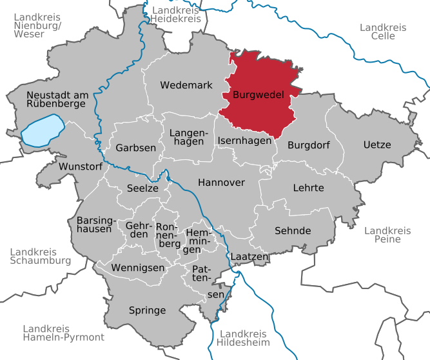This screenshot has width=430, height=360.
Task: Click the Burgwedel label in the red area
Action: click(x=257, y=94)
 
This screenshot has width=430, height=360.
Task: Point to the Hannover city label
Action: click(x=221, y=183)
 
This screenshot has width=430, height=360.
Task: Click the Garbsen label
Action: click(x=136, y=148)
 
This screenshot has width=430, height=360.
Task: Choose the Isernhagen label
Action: click(x=244, y=141)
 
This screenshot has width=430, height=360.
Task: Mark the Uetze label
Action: click(x=376, y=145)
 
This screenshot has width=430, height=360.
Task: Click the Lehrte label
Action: click(x=308, y=188)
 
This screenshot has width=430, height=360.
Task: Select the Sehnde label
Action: click(x=293, y=230)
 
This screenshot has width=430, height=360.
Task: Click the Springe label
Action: click(x=147, y=310)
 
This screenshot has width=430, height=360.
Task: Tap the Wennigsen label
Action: click(x=133, y=267)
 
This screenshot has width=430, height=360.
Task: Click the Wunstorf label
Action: click(x=81, y=166)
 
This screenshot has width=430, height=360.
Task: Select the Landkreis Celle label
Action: click(x=383, y=32)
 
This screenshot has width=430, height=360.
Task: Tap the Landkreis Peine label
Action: click(x=387, y=235)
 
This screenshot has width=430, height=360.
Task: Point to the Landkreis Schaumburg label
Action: click(x=40, y=256)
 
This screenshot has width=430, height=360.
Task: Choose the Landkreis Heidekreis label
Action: click(x=176, y=15)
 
